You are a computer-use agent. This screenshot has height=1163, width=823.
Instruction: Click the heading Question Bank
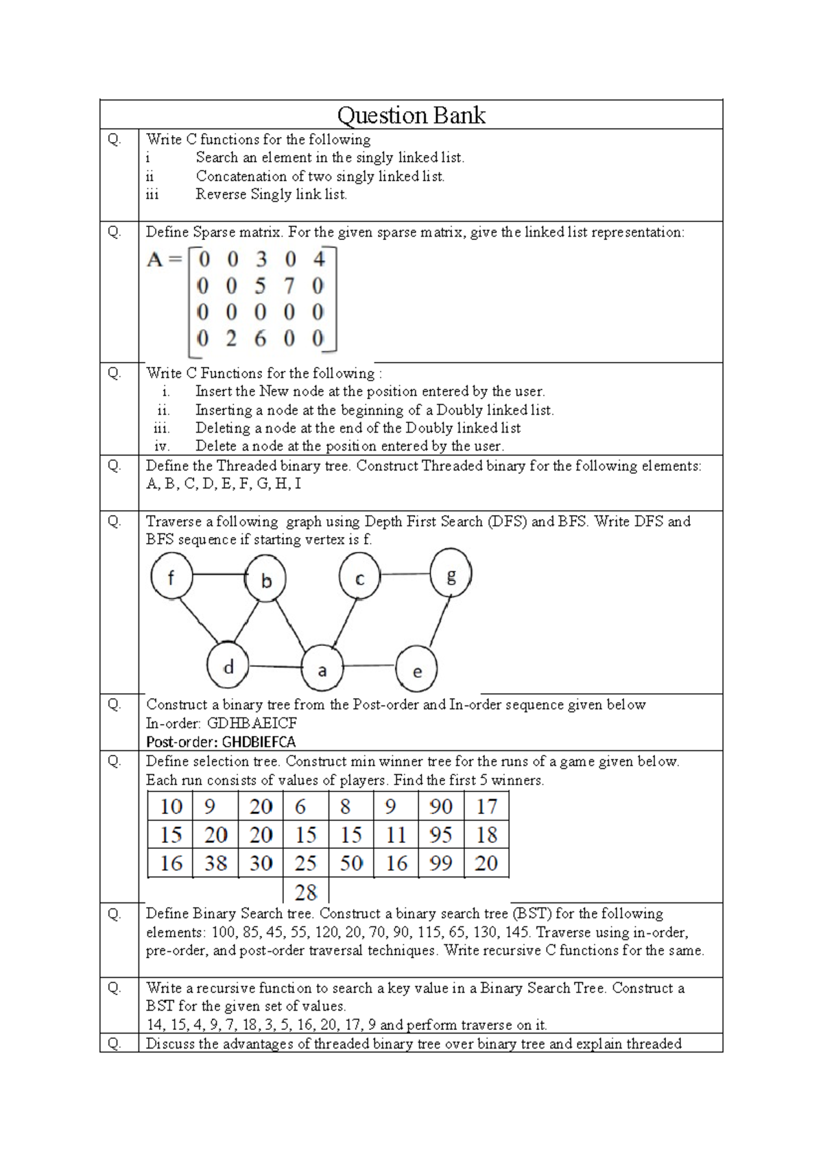coord(411,115)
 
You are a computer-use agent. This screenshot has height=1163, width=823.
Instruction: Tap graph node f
coord(171,577)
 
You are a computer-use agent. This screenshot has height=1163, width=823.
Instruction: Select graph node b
coord(265,580)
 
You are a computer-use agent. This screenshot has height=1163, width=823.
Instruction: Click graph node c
coord(359,578)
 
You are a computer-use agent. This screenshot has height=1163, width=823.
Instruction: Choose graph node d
coord(228,665)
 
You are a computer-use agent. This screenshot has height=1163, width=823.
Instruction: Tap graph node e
coord(416,671)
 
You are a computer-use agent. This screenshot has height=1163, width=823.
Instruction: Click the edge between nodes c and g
coord(405,574)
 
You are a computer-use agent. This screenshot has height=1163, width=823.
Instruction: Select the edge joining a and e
coord(369,665)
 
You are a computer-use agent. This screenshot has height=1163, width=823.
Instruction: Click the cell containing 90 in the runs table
coord(440,806)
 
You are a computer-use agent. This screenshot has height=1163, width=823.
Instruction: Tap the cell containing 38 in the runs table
coord(215,863)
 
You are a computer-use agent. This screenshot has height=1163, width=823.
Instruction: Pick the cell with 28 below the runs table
coord(305,892)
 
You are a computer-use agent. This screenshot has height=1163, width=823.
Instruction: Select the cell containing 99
coord(440,863)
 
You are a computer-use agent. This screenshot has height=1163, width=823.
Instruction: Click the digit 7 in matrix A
coord(289,285)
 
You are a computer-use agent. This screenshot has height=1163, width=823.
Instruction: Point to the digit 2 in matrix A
coord(231,338)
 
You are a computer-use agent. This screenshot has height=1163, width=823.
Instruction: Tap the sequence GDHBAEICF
coord(252,723)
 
